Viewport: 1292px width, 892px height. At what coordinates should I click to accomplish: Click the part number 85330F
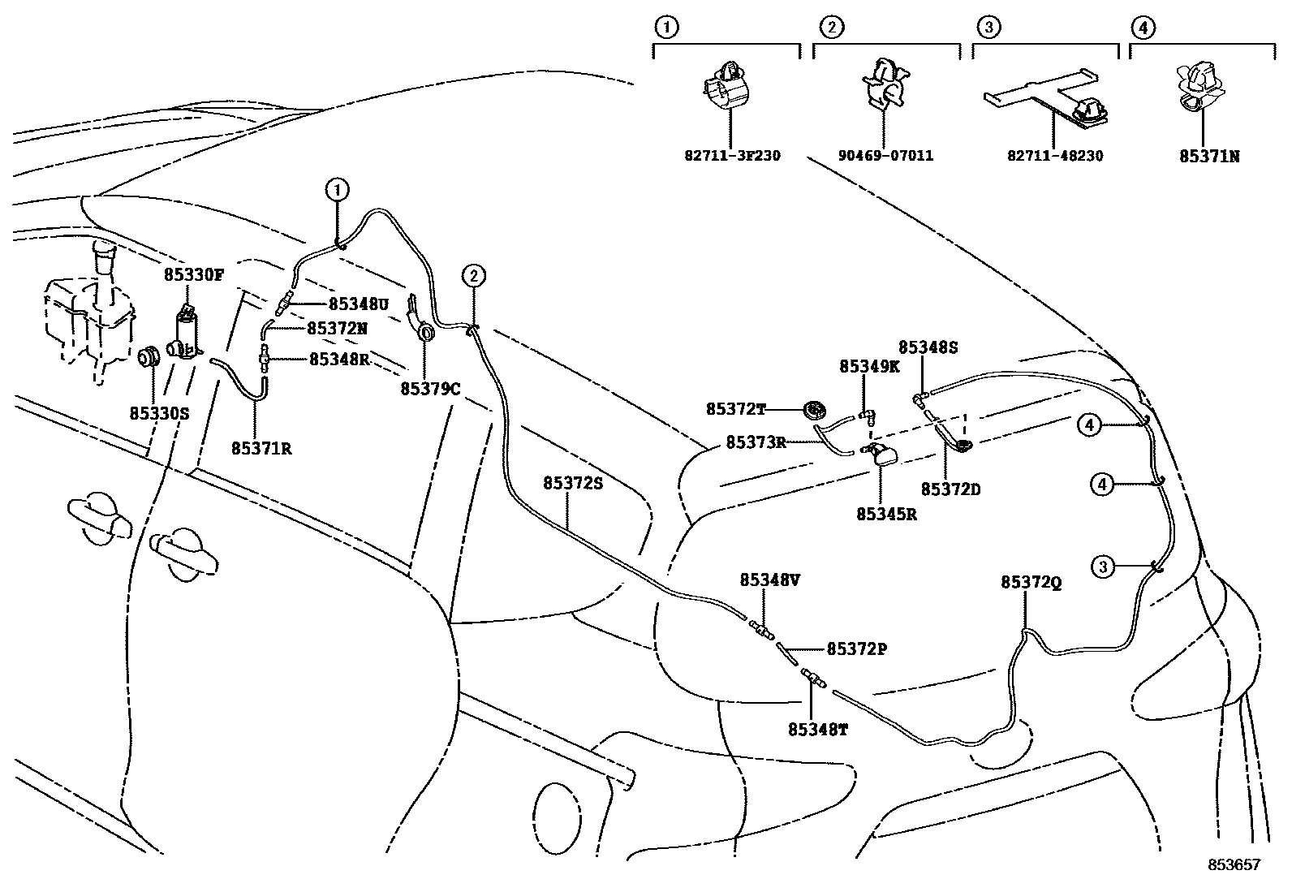coord(193,275)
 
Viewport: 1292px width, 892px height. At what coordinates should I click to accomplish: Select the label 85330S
coord(159,413)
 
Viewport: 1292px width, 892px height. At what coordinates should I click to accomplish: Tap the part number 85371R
coord(261,448)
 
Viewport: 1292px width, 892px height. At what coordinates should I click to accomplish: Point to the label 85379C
coord(430,389)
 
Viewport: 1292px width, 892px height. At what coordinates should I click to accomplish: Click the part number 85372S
coord(573,483)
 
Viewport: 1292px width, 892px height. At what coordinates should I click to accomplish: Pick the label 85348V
coord(769,581)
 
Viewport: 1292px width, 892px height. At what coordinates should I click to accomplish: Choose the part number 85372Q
coord(1031,583)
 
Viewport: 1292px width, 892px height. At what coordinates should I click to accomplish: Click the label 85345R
coord(886,515)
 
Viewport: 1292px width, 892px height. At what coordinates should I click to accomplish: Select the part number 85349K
coord(869,367)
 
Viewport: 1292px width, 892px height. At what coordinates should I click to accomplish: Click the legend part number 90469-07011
coord(885,155)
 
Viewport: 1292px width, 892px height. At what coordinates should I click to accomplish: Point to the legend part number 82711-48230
coord(1055,155)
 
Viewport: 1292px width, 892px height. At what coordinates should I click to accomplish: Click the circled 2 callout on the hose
coord(474,276)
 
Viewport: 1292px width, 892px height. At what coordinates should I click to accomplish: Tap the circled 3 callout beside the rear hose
coord(1102,567)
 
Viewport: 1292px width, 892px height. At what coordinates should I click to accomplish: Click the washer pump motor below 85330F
coord(187,337)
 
